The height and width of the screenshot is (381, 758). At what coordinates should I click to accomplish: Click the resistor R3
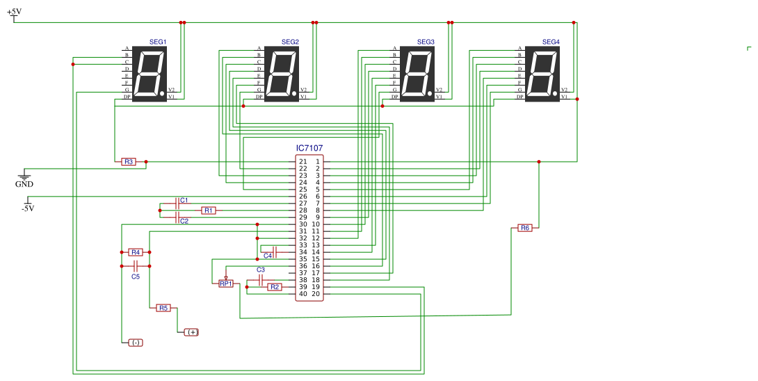[128, 162]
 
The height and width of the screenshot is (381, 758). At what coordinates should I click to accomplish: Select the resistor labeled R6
[525, 228]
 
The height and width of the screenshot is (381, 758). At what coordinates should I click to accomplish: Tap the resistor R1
[209, 210]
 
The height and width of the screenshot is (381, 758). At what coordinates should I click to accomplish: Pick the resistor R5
[163, 308]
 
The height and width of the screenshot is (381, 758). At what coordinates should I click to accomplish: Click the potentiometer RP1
[226, 283]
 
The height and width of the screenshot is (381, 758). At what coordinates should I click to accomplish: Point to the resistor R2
[275, 286]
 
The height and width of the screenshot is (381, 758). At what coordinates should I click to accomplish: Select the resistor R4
[136, 252]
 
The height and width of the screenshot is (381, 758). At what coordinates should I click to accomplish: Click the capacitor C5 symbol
[136, 265]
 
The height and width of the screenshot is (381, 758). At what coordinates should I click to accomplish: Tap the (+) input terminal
[191, 332]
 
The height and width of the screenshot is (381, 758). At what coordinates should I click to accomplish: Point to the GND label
[24, 185]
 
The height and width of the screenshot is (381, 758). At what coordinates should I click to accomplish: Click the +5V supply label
[14, 12]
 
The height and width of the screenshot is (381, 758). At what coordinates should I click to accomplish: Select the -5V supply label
[28, 208]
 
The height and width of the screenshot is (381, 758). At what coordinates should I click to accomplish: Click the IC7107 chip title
[309, 148]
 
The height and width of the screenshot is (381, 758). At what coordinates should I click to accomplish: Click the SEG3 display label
[426, 42]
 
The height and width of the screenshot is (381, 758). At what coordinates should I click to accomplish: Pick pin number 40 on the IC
[303, 294]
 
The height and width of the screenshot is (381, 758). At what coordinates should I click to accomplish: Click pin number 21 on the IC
[303, 162]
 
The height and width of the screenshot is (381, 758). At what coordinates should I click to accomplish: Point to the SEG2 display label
[290, 42]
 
